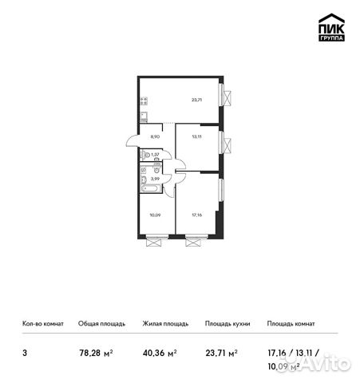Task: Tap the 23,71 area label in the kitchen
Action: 196,101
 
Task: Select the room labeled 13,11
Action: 196,136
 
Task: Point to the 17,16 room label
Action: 196,215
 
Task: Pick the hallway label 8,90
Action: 156,136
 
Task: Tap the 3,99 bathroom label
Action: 156,179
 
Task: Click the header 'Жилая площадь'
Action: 165,324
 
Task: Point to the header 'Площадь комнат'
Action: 291,324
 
